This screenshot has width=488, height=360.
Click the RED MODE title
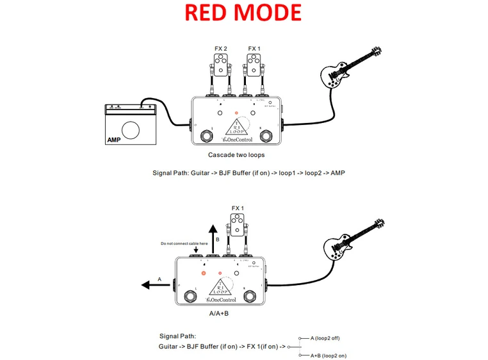[243, 13]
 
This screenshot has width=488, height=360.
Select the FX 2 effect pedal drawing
[222, 65]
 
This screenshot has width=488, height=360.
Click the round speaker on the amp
[131, 130]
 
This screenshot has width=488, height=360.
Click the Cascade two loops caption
[236, 155]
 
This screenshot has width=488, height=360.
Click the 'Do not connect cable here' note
[184, 244]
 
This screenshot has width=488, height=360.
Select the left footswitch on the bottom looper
[190, 296]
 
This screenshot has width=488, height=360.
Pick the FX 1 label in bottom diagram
[239, 209]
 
